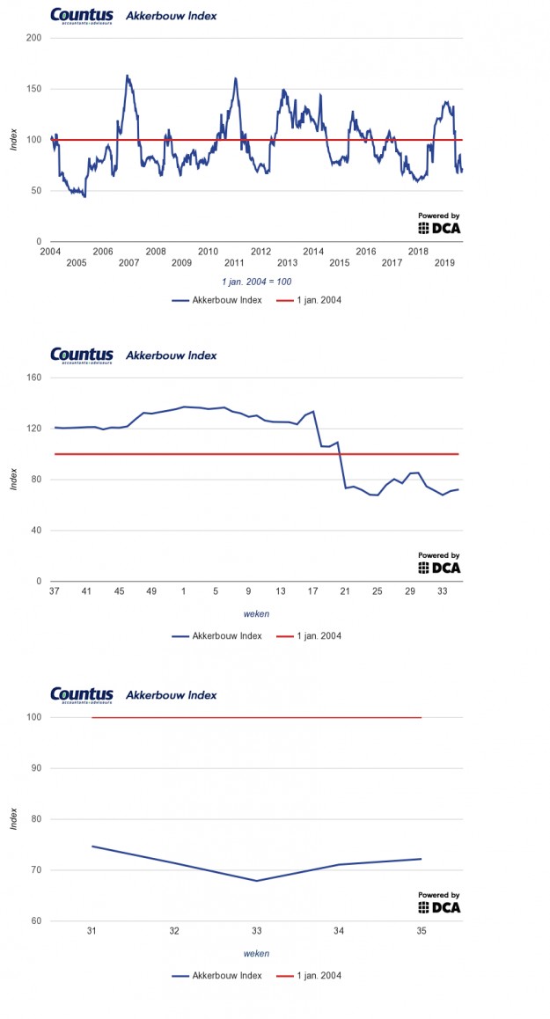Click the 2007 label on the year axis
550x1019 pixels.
[x=128, y=263]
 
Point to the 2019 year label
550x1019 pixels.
[x=445, y=263]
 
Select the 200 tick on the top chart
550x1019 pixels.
[x=34, y=38]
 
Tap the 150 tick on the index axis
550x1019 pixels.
[x=34, y=89]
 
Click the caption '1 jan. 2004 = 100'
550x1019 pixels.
[x=256, y=282]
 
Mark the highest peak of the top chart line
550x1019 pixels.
[x=128, y=76]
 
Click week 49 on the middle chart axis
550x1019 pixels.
[x=150, y=591]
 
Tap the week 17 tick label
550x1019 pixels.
[x=312, y=591]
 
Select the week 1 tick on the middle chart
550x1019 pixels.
[x=183, y=591]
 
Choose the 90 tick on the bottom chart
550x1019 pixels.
[x=36, y=768]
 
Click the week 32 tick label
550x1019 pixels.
[x=174, y=931]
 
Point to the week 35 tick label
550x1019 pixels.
[x=422, y=931]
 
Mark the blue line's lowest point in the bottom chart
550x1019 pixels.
[x=257, y=881]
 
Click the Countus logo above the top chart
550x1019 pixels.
[x=82, y=15]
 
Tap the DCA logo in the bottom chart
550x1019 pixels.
[x=439, y=905]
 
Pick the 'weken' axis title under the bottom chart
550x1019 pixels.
[x=256, y=953]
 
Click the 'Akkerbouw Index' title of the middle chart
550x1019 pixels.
[x=172, y=356]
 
